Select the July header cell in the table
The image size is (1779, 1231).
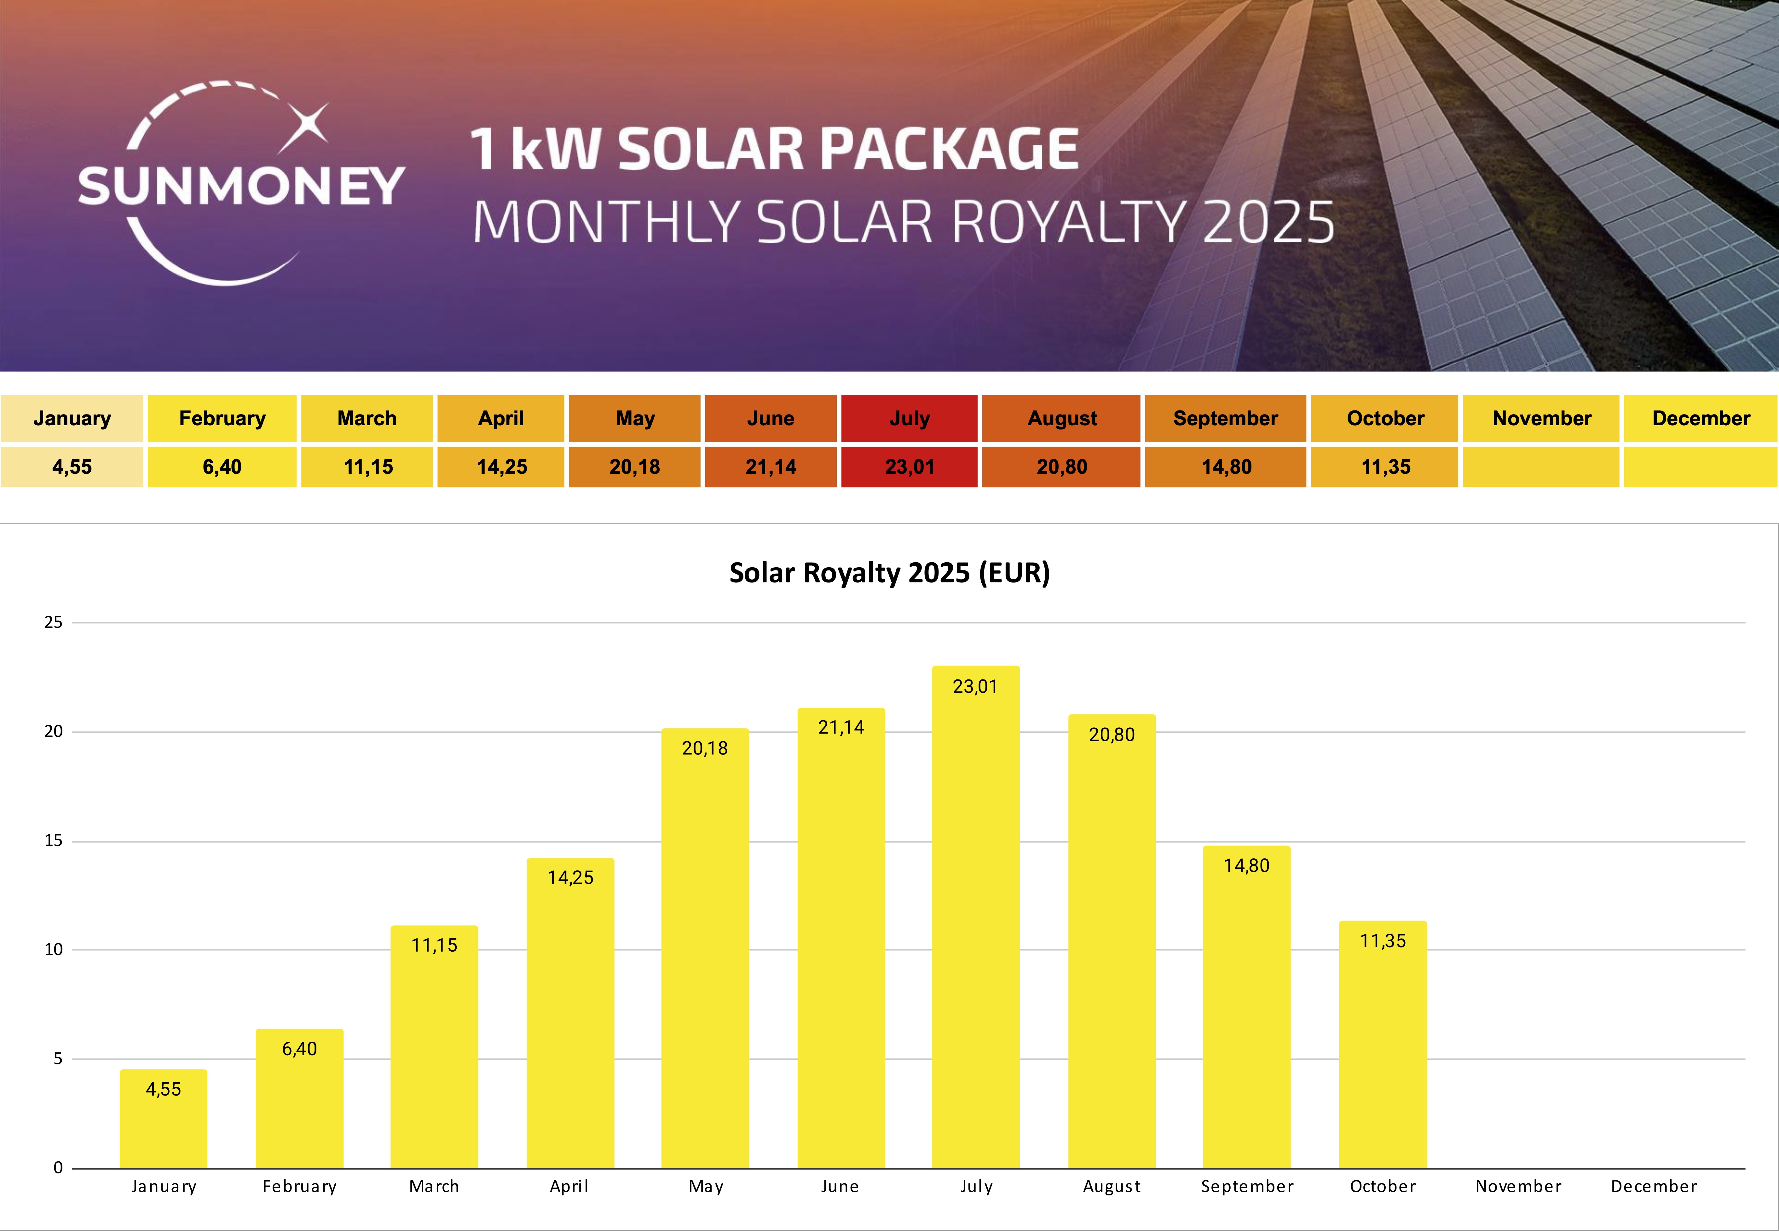click(909, 418)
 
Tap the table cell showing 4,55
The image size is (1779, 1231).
click(72, 467)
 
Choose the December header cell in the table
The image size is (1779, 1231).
click(1700, 418)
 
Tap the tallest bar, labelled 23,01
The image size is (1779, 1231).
click(975, 918)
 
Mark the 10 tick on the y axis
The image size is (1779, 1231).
click(53, 949)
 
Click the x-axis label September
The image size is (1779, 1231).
click(1247, 1186)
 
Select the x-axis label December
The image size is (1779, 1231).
click(1653, 1186)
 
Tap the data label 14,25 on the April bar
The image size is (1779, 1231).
click(570, 878)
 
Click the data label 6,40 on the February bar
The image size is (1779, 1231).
click(299, 1049)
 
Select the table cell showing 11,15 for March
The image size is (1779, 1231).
click(368, 467)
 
